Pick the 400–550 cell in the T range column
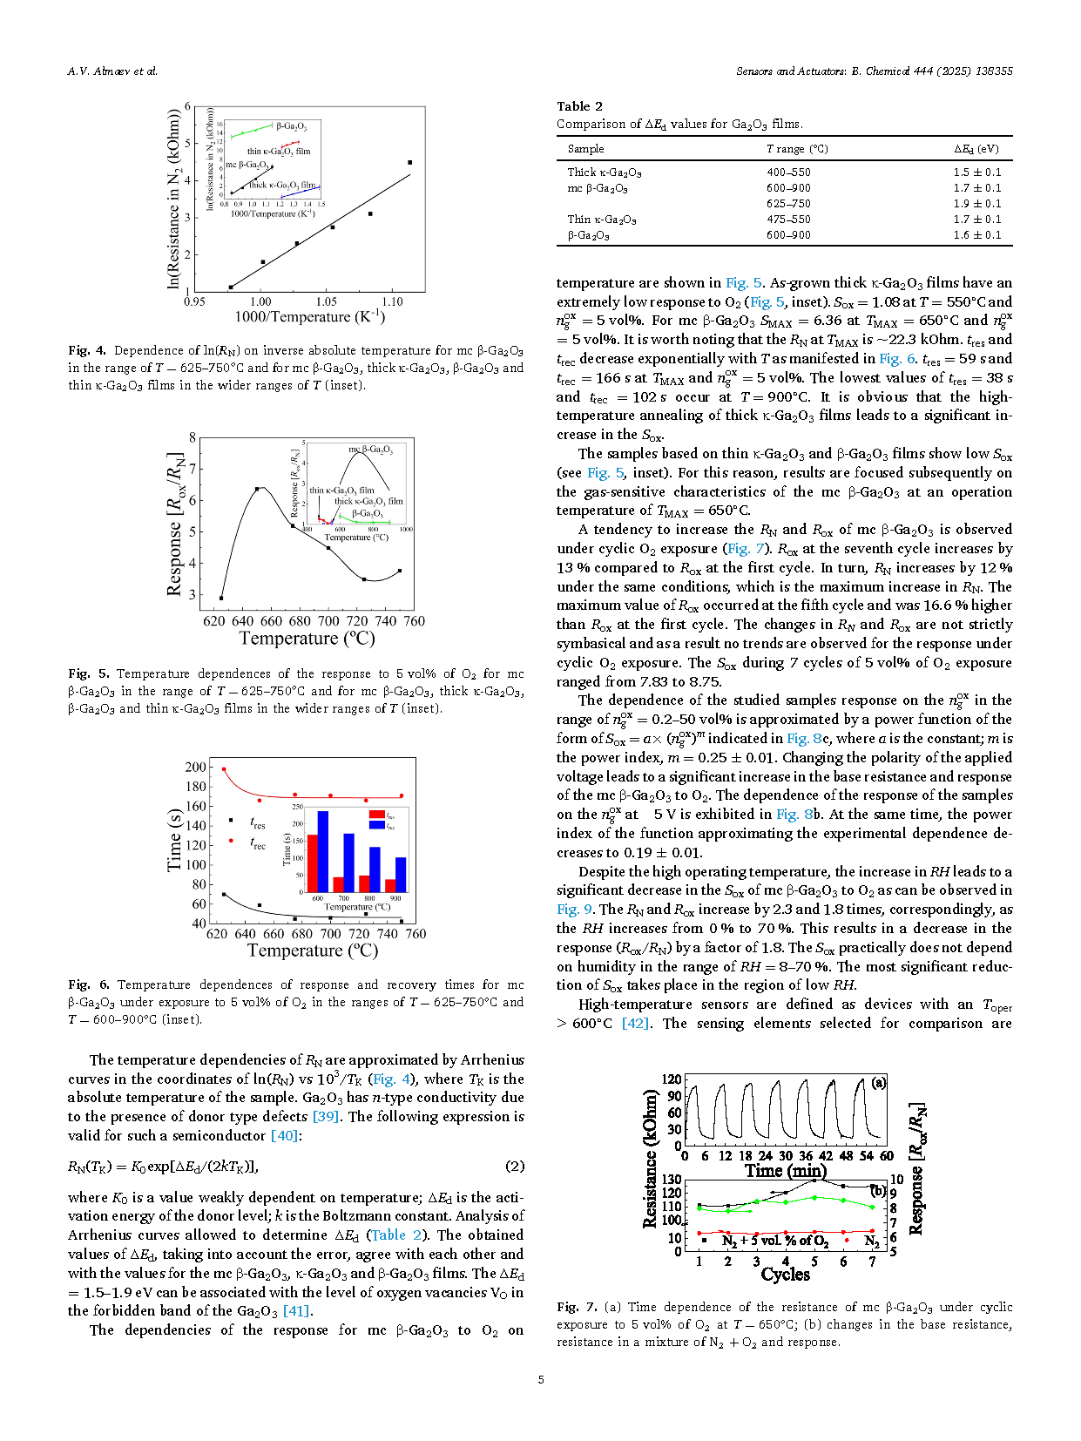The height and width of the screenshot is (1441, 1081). [788, 173]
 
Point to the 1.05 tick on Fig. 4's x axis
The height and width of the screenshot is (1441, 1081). [326, 302]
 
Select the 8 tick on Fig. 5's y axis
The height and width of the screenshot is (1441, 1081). [193, 437]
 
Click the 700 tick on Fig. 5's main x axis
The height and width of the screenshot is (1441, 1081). [328, 621]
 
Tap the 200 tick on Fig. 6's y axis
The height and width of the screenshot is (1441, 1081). [196, 767]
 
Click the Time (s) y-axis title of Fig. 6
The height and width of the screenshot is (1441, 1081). [174, 841]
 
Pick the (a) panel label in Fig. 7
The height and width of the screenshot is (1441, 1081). [879, 1083]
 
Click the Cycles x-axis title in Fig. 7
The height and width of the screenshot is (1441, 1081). [785, 1274]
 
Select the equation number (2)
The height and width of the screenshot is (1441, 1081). [515, 1167]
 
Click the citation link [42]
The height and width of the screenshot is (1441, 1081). [635, 1023]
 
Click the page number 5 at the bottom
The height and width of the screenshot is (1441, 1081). [541, 1379]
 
